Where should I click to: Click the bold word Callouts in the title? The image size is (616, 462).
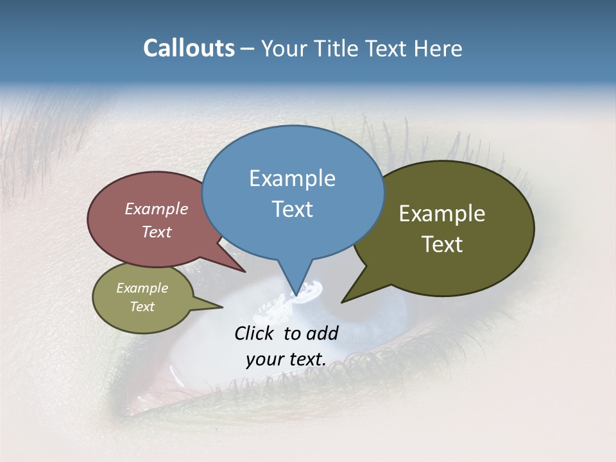[x=189, y=49]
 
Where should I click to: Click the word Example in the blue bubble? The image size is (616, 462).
[x=292, y=178]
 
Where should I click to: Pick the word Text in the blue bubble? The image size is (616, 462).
[x=292, y=209]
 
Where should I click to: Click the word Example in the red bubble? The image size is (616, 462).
[x=157, y=209]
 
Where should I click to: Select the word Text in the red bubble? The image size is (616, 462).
[x=157, y=232]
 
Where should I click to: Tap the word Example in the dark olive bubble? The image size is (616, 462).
[x=442, y=214]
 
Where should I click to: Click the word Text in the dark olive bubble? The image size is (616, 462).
[x=442, y=244]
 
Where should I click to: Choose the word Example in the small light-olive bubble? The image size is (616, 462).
[x=142, y=288]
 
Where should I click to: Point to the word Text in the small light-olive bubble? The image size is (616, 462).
[x=142, y=307]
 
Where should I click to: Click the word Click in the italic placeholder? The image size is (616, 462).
[x=255, y=333]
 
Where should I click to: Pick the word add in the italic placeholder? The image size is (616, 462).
[x=321, y=333]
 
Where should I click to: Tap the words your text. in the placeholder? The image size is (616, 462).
[x=286, y=359]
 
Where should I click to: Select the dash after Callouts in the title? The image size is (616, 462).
[x=248, y=49]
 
